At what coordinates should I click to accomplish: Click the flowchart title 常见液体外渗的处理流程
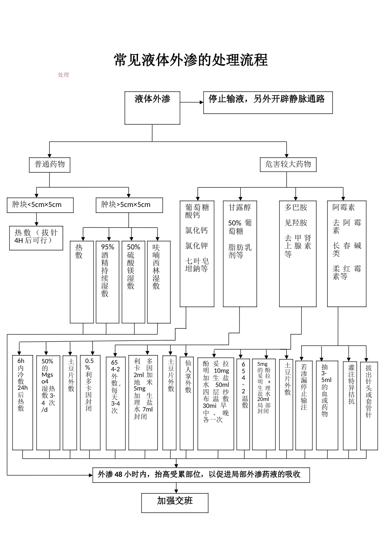[x=190, y=60]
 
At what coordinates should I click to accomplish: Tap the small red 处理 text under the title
[x=63, y=75]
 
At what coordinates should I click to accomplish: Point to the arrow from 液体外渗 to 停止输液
[x=192, y=102]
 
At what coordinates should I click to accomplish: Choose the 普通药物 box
[x=49, y=164]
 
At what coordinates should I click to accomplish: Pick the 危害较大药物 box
[x=288, y=164]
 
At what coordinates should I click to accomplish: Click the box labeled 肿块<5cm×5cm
[x=40, y=205]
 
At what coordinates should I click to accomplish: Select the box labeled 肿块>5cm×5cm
[x=129, y=205]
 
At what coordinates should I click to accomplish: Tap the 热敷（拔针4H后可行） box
[x=36, y=238]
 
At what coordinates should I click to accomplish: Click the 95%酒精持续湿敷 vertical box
[x=107, y=282]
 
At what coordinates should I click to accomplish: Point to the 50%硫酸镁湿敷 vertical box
[x=133, y=282]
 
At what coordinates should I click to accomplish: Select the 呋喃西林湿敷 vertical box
[x=158, y=282]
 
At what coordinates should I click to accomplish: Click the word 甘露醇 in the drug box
[x=239, y=208]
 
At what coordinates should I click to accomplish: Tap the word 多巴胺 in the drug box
[x=296, y=208]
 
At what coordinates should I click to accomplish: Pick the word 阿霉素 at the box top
[x=343, y=208]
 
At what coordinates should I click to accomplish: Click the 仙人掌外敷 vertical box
[x=188, y=403]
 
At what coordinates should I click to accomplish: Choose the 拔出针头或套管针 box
[x=369, y=403]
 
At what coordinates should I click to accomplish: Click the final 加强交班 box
[x=175, y=503]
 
